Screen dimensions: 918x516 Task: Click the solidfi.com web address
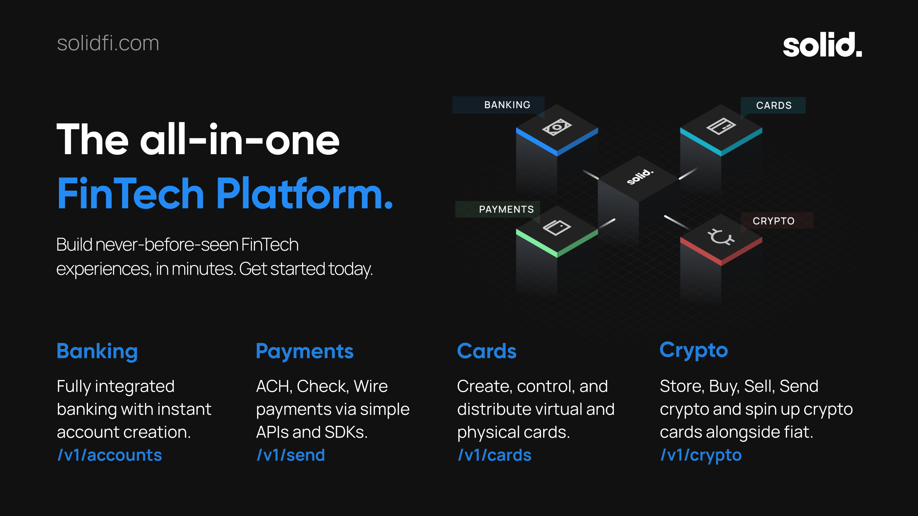(108, 43)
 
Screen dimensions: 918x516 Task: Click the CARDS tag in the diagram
(773, 105)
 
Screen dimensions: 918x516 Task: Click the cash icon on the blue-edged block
(557, 127)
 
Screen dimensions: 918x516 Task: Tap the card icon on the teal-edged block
(721, 126)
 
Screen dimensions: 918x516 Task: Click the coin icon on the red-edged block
(721, 237)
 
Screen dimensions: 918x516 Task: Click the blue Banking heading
(97, 351)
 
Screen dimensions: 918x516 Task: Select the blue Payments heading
(305, 351)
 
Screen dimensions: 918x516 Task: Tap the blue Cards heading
(487, 351)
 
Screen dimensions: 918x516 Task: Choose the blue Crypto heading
(694, 350)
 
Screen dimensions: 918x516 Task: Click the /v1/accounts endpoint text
(110, 455)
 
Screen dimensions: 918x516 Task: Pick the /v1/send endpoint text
(291, 455)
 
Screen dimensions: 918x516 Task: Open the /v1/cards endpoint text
(494, 455)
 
